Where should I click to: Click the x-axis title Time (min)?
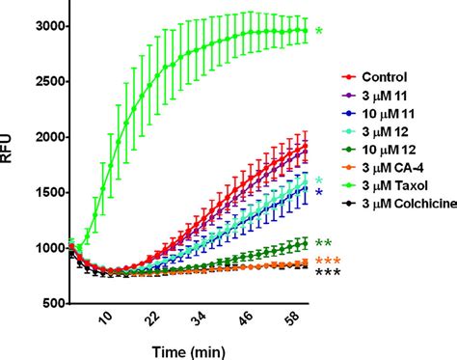pyautogui.click(x=185, y=347)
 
